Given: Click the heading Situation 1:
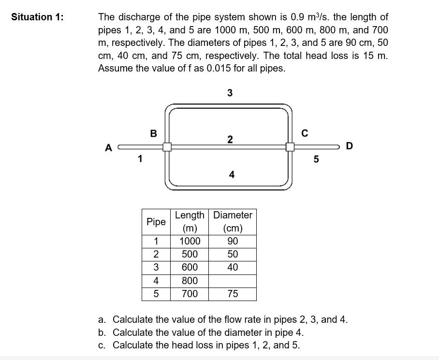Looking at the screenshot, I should tap(37, 17).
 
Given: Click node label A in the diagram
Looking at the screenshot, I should tap(108, 148).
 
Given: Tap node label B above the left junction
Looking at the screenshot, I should tap(153, 133).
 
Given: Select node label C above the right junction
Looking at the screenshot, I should tap(305, 133).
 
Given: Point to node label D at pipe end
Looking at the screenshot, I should tap(350, 145).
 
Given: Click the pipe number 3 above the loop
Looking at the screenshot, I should tap(230, 93).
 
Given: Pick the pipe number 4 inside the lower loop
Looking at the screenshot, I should tap(232, 174).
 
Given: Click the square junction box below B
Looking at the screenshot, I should tap(167, 146).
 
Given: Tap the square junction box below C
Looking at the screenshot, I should tap(290, 146).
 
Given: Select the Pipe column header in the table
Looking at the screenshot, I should tap(156, 222).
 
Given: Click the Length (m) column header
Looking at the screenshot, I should tap(190, 222).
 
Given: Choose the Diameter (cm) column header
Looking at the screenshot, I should tap(233, 222).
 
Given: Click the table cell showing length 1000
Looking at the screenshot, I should tap(190, 242).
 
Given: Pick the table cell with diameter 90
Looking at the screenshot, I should tap(233, 242).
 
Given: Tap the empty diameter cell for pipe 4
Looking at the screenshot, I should tap(233, 281).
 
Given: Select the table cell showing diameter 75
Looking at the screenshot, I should tap(233, 294).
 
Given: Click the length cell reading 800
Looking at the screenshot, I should tap(190, 281).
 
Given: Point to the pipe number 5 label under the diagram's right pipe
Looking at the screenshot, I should tap(316, 159).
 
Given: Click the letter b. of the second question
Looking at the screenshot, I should tap(102, 332).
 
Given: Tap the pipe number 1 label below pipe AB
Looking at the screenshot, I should tap(140, 158).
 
